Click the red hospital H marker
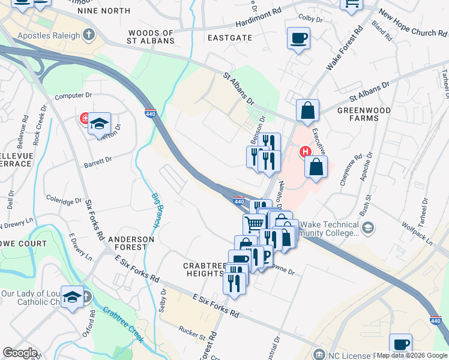tap(305, 152)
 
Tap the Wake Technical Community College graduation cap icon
tap(368, 228)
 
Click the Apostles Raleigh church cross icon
tap(90, 35)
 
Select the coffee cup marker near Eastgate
tap(298, 39)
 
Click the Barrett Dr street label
tap(98, 161)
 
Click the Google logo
tap(20, 353)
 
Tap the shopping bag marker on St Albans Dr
tap(307, 111)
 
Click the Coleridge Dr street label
tap(64, 197)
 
